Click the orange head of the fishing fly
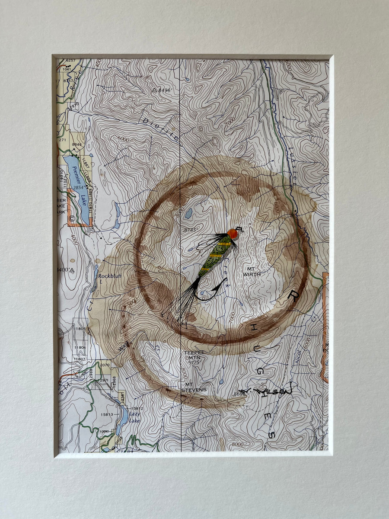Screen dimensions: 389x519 (233, 234)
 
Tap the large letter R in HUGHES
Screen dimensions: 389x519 (293, 296)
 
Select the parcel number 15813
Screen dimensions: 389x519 (107, 414)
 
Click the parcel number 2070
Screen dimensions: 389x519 (105, 365)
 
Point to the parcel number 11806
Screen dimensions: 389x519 (80, 347)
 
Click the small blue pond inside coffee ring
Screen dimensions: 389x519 (188, 213)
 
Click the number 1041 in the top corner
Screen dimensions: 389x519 (66, 69)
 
